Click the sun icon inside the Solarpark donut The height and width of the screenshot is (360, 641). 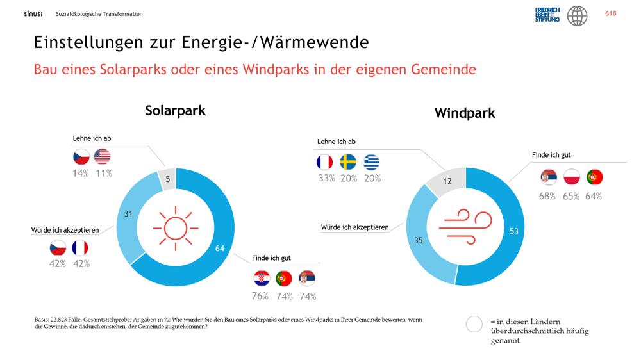(x=176, y=228)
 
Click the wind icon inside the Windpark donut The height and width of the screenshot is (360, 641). (x=465, y=227)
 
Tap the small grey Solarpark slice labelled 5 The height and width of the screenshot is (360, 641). (x=167, y=179)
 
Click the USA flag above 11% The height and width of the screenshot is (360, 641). (x=102, y=156)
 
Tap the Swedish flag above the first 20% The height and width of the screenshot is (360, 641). (x=348, y=162)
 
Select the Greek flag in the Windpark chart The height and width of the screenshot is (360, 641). (x=371, y=162)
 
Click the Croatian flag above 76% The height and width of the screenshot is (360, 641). (x=262, y=278)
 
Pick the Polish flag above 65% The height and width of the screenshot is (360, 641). (x=571, y=177)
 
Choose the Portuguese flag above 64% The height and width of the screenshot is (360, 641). (x=594, y=177)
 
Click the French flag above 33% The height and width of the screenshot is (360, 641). (x=324, y=162)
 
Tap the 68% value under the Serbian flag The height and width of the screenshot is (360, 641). (x=547, y=196)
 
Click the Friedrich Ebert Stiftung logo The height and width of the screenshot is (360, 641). (x=547, y=15)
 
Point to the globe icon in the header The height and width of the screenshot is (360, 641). (x=578, y=16)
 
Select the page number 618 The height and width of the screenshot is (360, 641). (x=611, y=13)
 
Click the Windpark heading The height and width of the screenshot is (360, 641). (x=465, y=113)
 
